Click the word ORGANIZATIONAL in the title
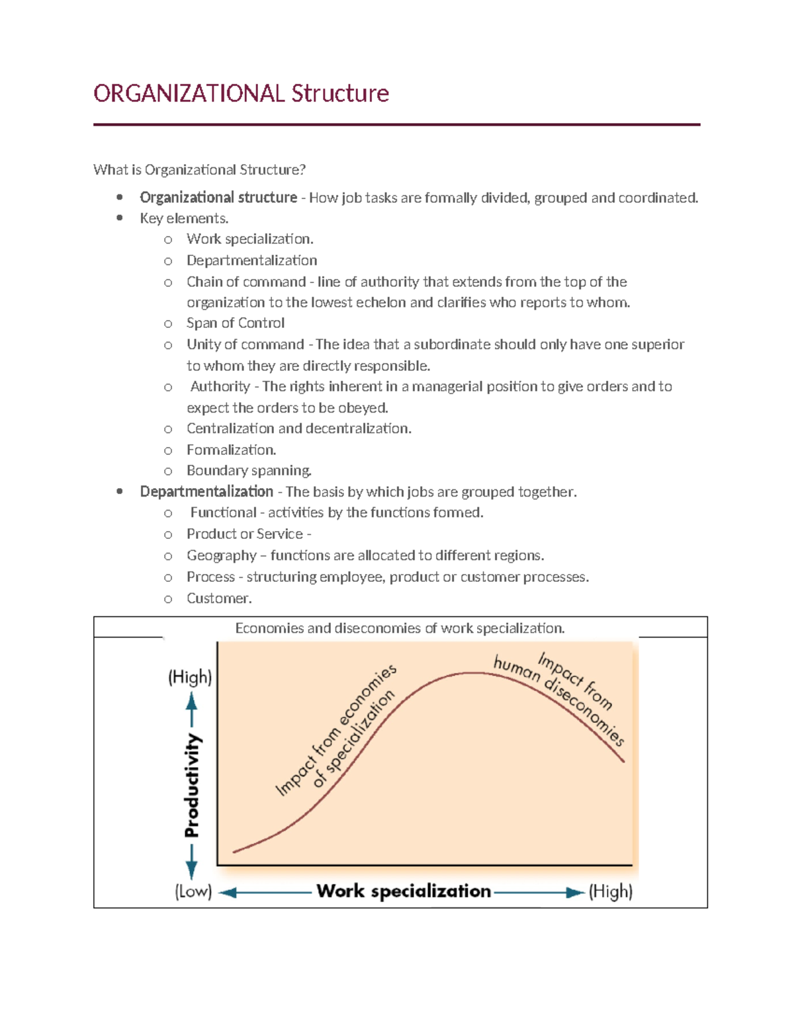click(x=189, y=93)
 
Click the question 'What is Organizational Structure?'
click(x=199, y=170)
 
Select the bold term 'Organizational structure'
click(x=218, y=198)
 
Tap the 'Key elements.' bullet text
click(x=184, y=218)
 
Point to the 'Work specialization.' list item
click(x=249, y=239)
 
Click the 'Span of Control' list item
click(x=235, y=323)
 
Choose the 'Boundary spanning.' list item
click(x=249, y=470)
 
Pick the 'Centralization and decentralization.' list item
click(x=298, y=429)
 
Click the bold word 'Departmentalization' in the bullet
click(x=206, y=492)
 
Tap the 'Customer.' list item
click(x=219, y=598)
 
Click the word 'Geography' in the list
click(x=221, y=555)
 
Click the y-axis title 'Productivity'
click(x=192, y=785)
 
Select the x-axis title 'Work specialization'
click(x=404, y=891)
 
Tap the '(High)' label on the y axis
click(x=190, y=677)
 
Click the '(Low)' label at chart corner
click(x=193, y=891)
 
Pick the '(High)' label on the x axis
click(x=610, y=891)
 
